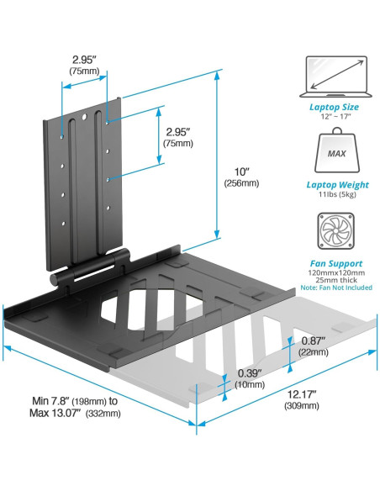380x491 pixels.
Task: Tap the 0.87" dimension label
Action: click(314, 341)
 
